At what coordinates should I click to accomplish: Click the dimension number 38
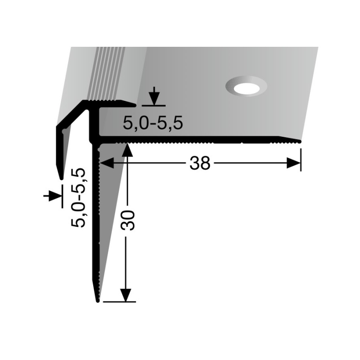[200, 164]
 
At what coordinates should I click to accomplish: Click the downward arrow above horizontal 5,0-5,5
[154, 96]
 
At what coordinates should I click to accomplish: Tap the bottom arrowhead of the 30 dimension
[128, 295]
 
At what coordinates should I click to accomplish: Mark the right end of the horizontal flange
[299, 141]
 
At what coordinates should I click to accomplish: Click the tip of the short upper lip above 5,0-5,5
[134, 105]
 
